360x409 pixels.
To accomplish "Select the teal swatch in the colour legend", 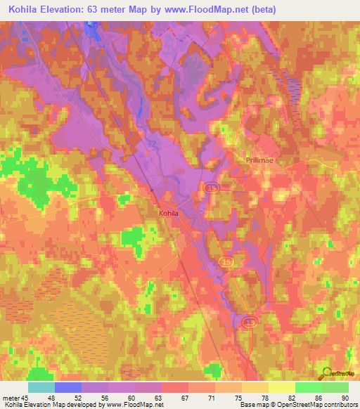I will click(41, 387).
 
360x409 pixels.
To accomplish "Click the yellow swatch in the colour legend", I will click(281, 387).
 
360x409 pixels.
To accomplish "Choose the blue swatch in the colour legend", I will click(68, 387).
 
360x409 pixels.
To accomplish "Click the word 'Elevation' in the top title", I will click(63, 10).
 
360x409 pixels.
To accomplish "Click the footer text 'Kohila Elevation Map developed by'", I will click(49, 405).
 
